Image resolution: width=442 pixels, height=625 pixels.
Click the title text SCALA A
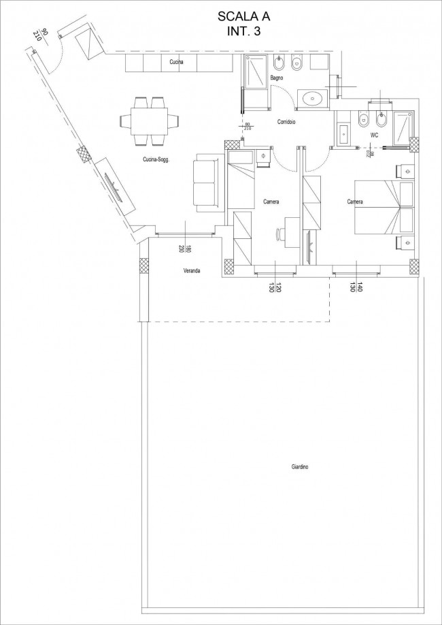point(244,16)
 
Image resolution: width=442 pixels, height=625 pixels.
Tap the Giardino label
point(300,467)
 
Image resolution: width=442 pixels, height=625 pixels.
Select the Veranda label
point(192,271)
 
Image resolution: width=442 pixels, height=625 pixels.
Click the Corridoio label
point(286,123)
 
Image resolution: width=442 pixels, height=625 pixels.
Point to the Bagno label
point(276,78)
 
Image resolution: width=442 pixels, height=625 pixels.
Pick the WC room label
point(374,135)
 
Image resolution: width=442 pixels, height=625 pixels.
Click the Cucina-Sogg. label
point(156,159)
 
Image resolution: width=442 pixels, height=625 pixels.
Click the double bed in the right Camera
point(384,207)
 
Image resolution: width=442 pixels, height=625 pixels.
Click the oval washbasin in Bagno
point(313,97)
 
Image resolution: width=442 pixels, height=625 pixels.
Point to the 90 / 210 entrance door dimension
point(41,37)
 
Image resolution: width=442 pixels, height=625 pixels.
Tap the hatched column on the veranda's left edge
point(143,266)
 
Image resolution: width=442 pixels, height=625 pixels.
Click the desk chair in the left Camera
point(281,234)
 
